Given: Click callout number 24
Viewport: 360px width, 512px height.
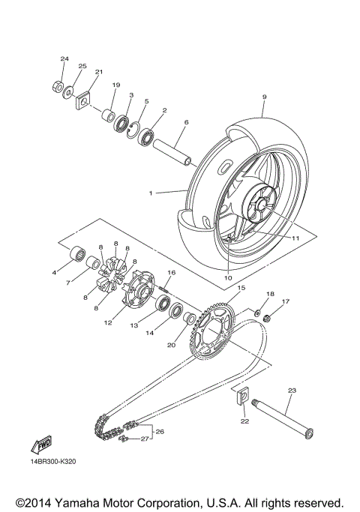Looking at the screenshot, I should point(64,58).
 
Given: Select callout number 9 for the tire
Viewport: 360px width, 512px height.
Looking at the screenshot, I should point(265,97).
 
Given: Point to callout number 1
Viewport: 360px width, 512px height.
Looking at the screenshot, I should point(151,193).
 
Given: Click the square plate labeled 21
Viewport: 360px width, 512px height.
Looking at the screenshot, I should point(82,100).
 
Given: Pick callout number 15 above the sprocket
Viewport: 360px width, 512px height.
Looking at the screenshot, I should point(241,288).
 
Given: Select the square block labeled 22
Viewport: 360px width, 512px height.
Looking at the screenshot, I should point(242,400).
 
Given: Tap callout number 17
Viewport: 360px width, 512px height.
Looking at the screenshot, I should point(284,302).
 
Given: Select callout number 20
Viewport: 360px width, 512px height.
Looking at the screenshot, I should point(170,345).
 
